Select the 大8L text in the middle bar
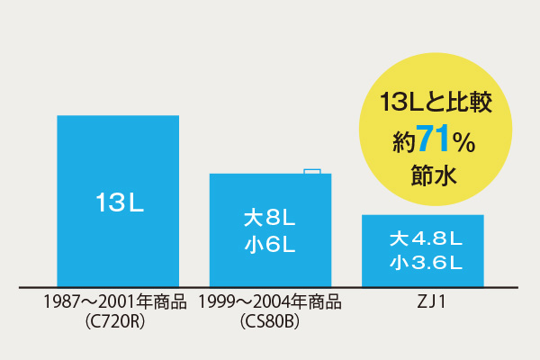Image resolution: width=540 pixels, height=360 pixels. point(270,219)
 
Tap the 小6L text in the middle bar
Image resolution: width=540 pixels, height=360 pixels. point(270,243)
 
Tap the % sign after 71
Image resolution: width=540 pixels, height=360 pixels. point(463,142)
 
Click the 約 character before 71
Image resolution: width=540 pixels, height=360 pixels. point(403,142)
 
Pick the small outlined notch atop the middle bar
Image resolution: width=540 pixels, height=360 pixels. point(311,170)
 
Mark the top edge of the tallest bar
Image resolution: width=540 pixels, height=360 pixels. point(118,116)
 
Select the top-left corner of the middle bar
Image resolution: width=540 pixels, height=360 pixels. point(211,175)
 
